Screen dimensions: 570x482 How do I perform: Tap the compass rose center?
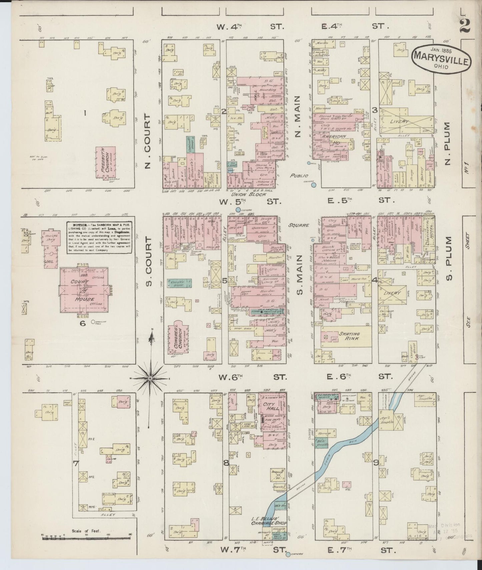[150, 379]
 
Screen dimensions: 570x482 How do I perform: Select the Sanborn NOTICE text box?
[99, 238]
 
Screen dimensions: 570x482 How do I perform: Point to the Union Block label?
[252, 194]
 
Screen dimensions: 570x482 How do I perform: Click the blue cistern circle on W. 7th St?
[287, 555]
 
